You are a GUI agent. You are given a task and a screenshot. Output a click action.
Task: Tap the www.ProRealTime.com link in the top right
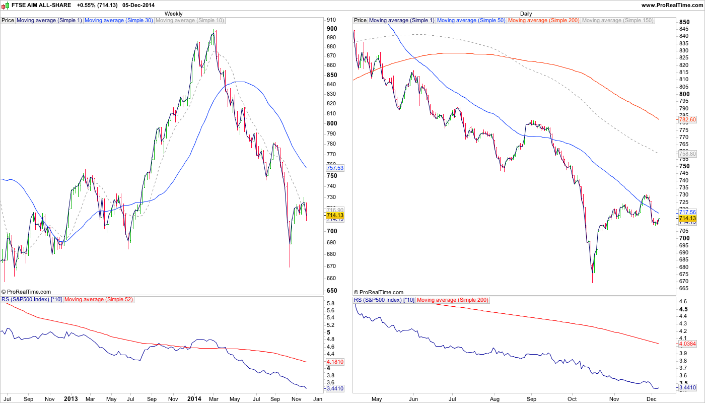[x=672, y=5]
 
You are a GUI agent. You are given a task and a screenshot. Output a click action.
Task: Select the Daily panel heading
[x=526, y=14]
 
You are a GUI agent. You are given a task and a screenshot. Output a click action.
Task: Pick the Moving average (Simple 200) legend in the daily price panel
[x=544, y=21]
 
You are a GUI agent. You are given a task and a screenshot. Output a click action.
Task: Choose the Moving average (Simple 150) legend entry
[x=617, y=21]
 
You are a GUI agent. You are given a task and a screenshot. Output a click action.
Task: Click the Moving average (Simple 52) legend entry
[x=99, y=300]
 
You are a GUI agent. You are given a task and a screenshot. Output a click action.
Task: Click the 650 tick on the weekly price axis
[x=332, y=291]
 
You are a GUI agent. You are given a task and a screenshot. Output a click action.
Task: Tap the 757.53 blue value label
[x=335, y=168]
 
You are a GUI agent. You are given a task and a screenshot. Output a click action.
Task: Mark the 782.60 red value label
[x=687, y=120]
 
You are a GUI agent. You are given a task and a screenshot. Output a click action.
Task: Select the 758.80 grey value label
[x=687, y=154]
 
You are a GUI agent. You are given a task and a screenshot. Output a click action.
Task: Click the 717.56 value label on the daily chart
[x=687, y=213]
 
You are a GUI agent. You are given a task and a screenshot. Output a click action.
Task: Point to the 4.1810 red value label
[x=335, y=362]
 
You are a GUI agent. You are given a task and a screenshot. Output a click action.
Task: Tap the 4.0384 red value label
[x=687, y=344]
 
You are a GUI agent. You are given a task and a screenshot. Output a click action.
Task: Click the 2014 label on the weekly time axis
[x=194, y=398]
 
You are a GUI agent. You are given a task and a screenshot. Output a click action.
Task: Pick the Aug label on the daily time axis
[x=494, y=398]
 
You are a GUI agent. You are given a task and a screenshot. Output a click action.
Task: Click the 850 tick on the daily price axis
[x=684, y=22]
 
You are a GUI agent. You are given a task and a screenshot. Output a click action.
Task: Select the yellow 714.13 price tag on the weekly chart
[x=335, y=216]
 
